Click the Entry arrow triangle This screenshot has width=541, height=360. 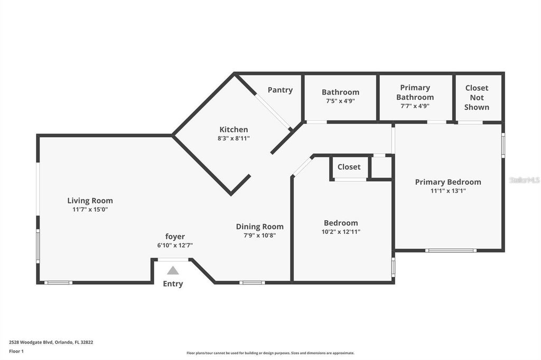[x=173, y=271]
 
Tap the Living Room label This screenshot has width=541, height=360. [x=90, y=201]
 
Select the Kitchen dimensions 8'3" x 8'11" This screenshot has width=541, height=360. [x=234, y=138]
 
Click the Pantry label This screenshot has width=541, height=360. [x=280, y=90]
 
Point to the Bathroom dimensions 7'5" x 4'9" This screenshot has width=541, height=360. [x=340, y=101]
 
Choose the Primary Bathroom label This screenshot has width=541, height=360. [x=415, y=92]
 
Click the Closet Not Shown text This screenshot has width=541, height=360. [x=477, y=97]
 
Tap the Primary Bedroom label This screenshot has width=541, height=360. [x=448, y=182]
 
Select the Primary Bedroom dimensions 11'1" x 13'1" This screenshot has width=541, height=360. [x=448, y=191]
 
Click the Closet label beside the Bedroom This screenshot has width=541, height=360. [x=349, y=167]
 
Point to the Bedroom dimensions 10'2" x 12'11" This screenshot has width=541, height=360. [x=341, y=232]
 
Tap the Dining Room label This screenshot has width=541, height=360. [x=259, y=227]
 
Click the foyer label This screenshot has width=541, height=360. [x=175, y=236]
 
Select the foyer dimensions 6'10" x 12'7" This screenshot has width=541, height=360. [x=175, y=245]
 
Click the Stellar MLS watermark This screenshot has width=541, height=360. [x=524, y=180]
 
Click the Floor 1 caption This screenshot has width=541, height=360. [x=16, y=351]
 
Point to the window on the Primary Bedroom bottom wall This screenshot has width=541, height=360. [x=451, y=250]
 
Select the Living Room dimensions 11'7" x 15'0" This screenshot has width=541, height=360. [x=90, y=210]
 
